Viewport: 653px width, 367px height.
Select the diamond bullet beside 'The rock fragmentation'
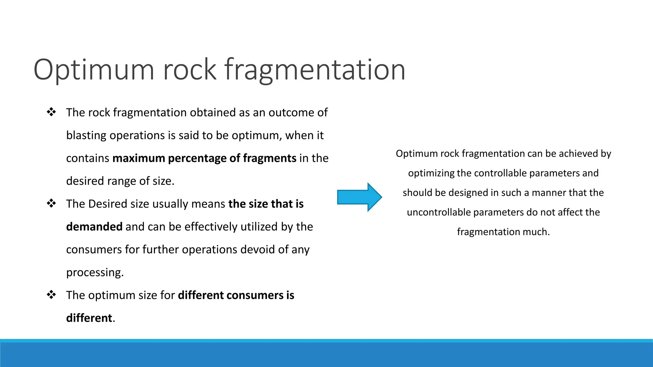point(51,112)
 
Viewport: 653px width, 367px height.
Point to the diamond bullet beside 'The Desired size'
point(51,203)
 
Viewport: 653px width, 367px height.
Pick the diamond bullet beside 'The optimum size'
point(51,295)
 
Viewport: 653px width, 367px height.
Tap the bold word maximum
point(139,158)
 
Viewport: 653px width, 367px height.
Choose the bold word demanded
point(94,227)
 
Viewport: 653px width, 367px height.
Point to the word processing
point(95,272)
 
